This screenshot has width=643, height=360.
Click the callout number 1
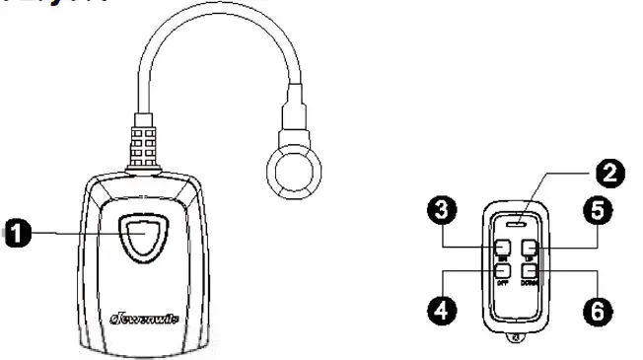click(x=17, y=234)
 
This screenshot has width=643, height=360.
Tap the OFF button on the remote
click(x=503, y=269)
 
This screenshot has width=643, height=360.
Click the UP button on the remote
click(x=530, y=247)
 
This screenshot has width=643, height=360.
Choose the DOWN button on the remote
click(x=530, y=269)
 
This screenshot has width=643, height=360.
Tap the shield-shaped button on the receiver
click(x=143, y=234)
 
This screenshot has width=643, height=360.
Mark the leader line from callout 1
click(x=79, y=234)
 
